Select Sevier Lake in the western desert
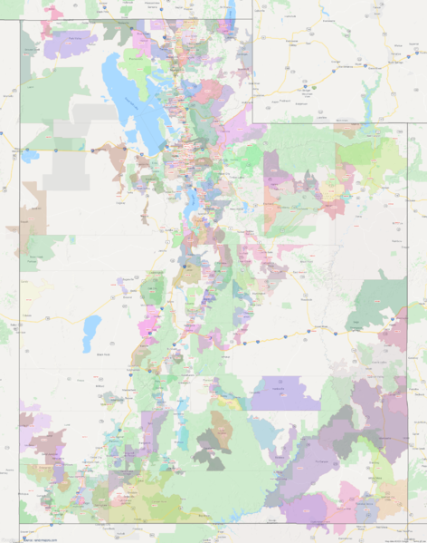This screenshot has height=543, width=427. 92,333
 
